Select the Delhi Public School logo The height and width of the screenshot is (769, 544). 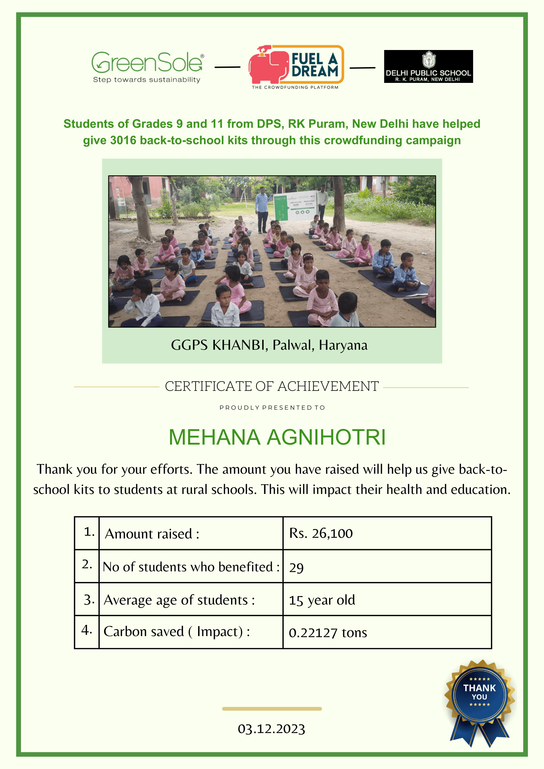pyautogui.click(x=428, y=66)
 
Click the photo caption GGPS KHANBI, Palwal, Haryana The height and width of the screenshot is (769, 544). pyautogui.click(x=269, y=345)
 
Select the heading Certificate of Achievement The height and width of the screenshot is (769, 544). pyautogui.click(x=271, y=386)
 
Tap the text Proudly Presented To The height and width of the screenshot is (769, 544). pyautogui.click(x=272, y=408)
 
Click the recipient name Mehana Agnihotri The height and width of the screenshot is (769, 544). pyautogui.click(x=277, y=437)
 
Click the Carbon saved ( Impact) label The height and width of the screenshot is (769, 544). pyautogui.click(x=177, y=632)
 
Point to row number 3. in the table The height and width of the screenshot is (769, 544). pyautogui.click(x=89, y=600)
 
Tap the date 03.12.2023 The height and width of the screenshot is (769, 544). pyautogui.click(x=271, y=729)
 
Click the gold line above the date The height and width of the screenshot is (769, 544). pyautogui.click(x=272, y=709)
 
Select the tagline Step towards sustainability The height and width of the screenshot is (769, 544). pyautogui.click(x=147, y=80)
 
